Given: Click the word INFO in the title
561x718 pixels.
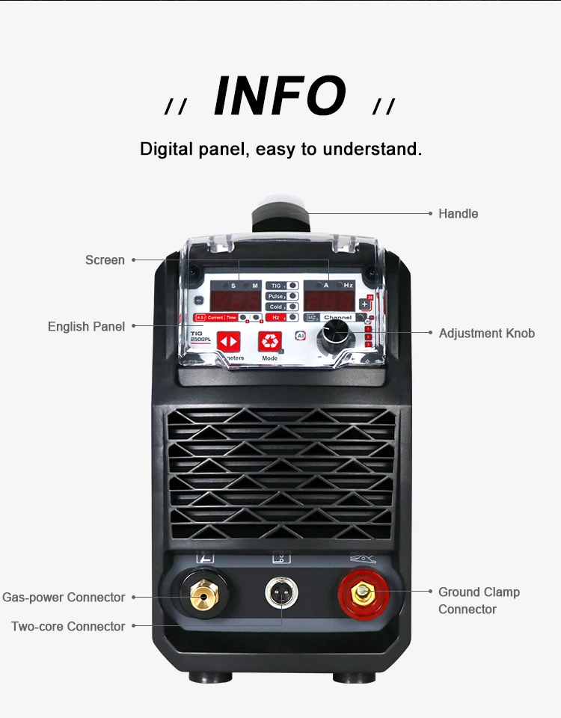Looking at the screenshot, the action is tap(280, 96).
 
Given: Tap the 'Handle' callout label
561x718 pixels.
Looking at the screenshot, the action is tap(458, 214).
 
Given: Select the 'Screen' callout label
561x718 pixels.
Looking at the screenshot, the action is tap(105, 260).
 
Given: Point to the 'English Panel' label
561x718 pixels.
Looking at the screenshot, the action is tap(86, 327).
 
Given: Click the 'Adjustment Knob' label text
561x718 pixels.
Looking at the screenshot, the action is tap(486, 334).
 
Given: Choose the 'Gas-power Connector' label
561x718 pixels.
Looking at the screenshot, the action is tap(64, 598).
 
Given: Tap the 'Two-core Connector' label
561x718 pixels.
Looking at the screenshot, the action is tap(68, 627).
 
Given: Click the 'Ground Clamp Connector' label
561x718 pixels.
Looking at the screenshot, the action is tap(479, 601).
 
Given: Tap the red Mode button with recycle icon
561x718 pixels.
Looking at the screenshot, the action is tap(269, 342).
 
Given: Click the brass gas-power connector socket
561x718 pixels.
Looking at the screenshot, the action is tap(200, 596).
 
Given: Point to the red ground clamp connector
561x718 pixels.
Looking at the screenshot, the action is tap(364, 595).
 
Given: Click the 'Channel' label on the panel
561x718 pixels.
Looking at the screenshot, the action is tap(337, 317).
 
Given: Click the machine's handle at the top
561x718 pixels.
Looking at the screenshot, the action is tap(280, 215).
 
